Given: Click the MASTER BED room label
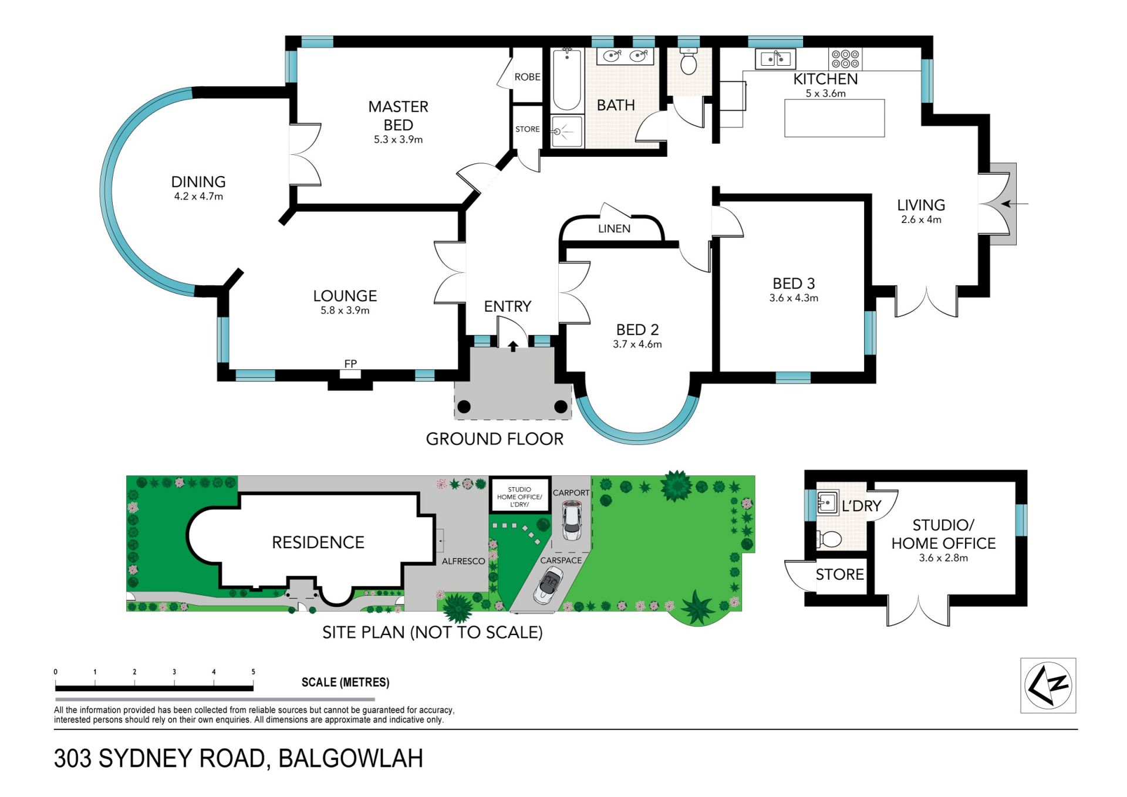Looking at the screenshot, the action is tap(398, 116).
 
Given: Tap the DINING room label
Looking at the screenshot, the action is tap(198, 182).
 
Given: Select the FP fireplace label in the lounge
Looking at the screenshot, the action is tap(350, 364).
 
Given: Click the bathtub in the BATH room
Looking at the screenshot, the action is tap(566, 80).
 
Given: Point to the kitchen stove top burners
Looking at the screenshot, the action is tap(845, 59).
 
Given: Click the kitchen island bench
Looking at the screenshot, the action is tap(834, 118).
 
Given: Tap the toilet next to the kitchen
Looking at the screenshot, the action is tap(689, 61).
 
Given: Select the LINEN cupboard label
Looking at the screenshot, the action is tap(614, 229).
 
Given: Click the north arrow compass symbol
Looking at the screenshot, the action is tap(1048, 685).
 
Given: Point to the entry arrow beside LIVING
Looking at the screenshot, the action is tap(1014, 204).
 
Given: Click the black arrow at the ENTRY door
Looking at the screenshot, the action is tap(512, 346).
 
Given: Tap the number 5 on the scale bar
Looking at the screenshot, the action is tap(253, 672).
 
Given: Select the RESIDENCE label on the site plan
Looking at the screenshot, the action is tap(318, 542).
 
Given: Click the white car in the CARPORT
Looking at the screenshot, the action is tap(571, 521).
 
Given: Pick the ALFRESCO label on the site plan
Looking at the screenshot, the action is tap(463, 561).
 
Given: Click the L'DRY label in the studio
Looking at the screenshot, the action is tap(861, 506).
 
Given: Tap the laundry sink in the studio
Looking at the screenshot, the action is tap(827, 503).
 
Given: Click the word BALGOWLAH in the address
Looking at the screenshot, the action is tap(350, 758).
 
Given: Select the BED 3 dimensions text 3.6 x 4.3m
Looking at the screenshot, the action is tap(794, 298).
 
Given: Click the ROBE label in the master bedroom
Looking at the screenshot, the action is tap(527, 77).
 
